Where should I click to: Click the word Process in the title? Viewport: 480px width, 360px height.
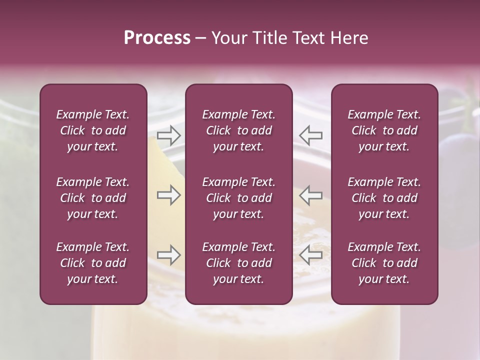point(157,38)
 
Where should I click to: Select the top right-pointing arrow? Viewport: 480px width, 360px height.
point(169,135)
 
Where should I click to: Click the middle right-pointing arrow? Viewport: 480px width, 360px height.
point(169,195)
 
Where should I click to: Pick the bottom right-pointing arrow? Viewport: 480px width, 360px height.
point(169,255)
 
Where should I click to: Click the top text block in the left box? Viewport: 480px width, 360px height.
point(93,130)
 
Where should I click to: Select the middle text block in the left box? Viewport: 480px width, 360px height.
point(93,198)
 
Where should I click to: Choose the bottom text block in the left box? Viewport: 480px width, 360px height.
point(93,263)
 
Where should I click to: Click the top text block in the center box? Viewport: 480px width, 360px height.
point(238,130)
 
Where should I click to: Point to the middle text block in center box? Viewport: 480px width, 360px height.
point(238,198)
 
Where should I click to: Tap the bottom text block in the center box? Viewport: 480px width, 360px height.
point(238,263)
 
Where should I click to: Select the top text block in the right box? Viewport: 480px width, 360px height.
point(384,130)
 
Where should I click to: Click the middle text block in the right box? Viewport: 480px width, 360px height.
point(384,198)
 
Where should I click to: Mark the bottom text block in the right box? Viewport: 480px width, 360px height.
point(384,263)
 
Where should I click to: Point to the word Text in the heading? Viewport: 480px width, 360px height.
point(309,38)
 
